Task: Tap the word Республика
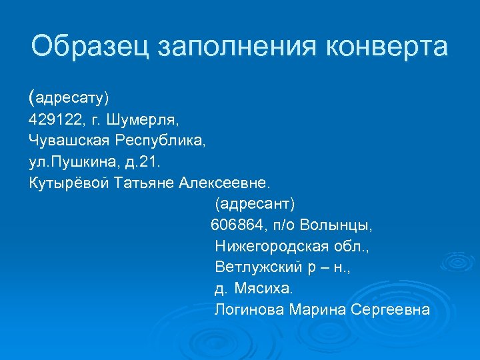[161, 141]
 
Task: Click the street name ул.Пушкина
[67, 162]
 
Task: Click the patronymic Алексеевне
[226, 183]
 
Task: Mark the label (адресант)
[255, 203]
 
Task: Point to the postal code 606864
[239, 225]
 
